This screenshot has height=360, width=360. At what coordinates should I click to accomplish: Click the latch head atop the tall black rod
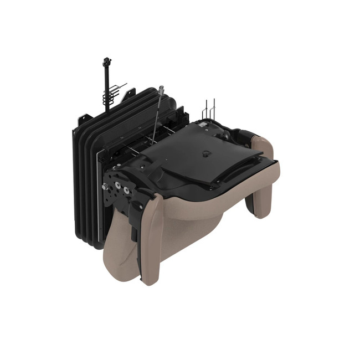tap(106, 60)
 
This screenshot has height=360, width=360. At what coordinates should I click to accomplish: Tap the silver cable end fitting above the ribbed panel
tap(161, 89)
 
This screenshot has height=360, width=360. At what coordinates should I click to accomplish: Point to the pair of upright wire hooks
tap(209, 109)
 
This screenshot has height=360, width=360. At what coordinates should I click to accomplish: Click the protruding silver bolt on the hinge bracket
tap(104, 188)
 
